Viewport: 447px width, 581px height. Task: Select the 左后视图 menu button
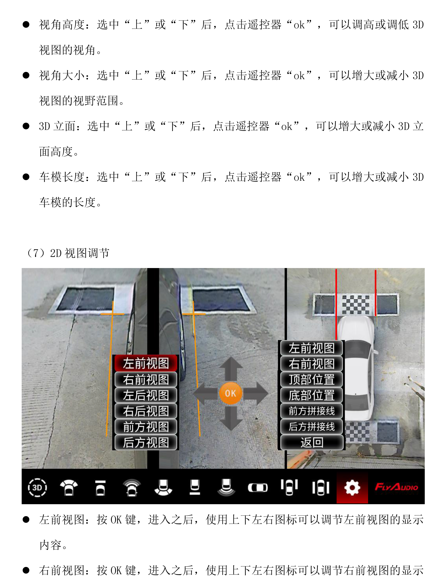[146, 395]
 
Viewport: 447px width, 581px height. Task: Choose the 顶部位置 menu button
[312, 379]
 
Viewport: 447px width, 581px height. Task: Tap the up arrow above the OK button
[231, 369]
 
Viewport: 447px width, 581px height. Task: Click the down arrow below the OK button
[231, 418]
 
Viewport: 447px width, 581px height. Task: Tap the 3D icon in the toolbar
[37, 487]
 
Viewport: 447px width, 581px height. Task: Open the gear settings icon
[352, 488]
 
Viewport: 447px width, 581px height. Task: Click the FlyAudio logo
[396, 487]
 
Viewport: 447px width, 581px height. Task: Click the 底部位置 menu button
[312, 395]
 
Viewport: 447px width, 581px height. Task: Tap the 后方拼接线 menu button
[312, 427]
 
